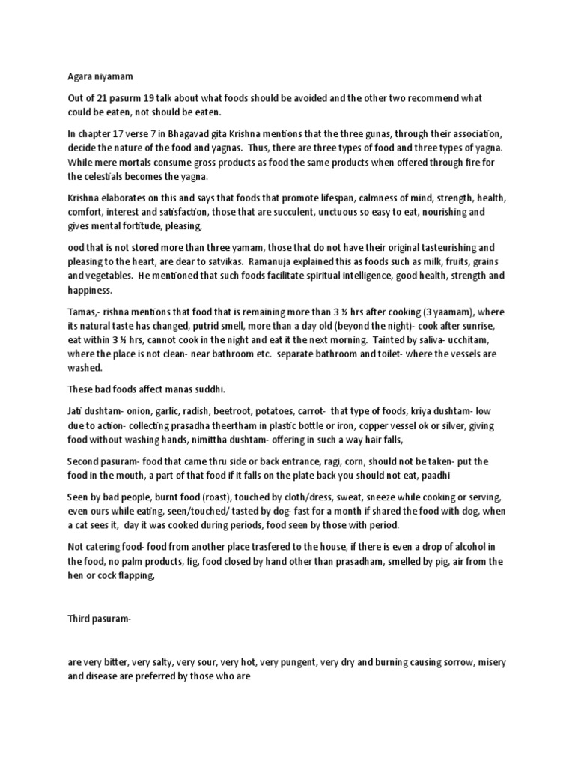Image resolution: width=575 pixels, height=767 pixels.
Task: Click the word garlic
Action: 157,411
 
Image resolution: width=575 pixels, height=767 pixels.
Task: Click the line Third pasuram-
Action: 99,618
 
